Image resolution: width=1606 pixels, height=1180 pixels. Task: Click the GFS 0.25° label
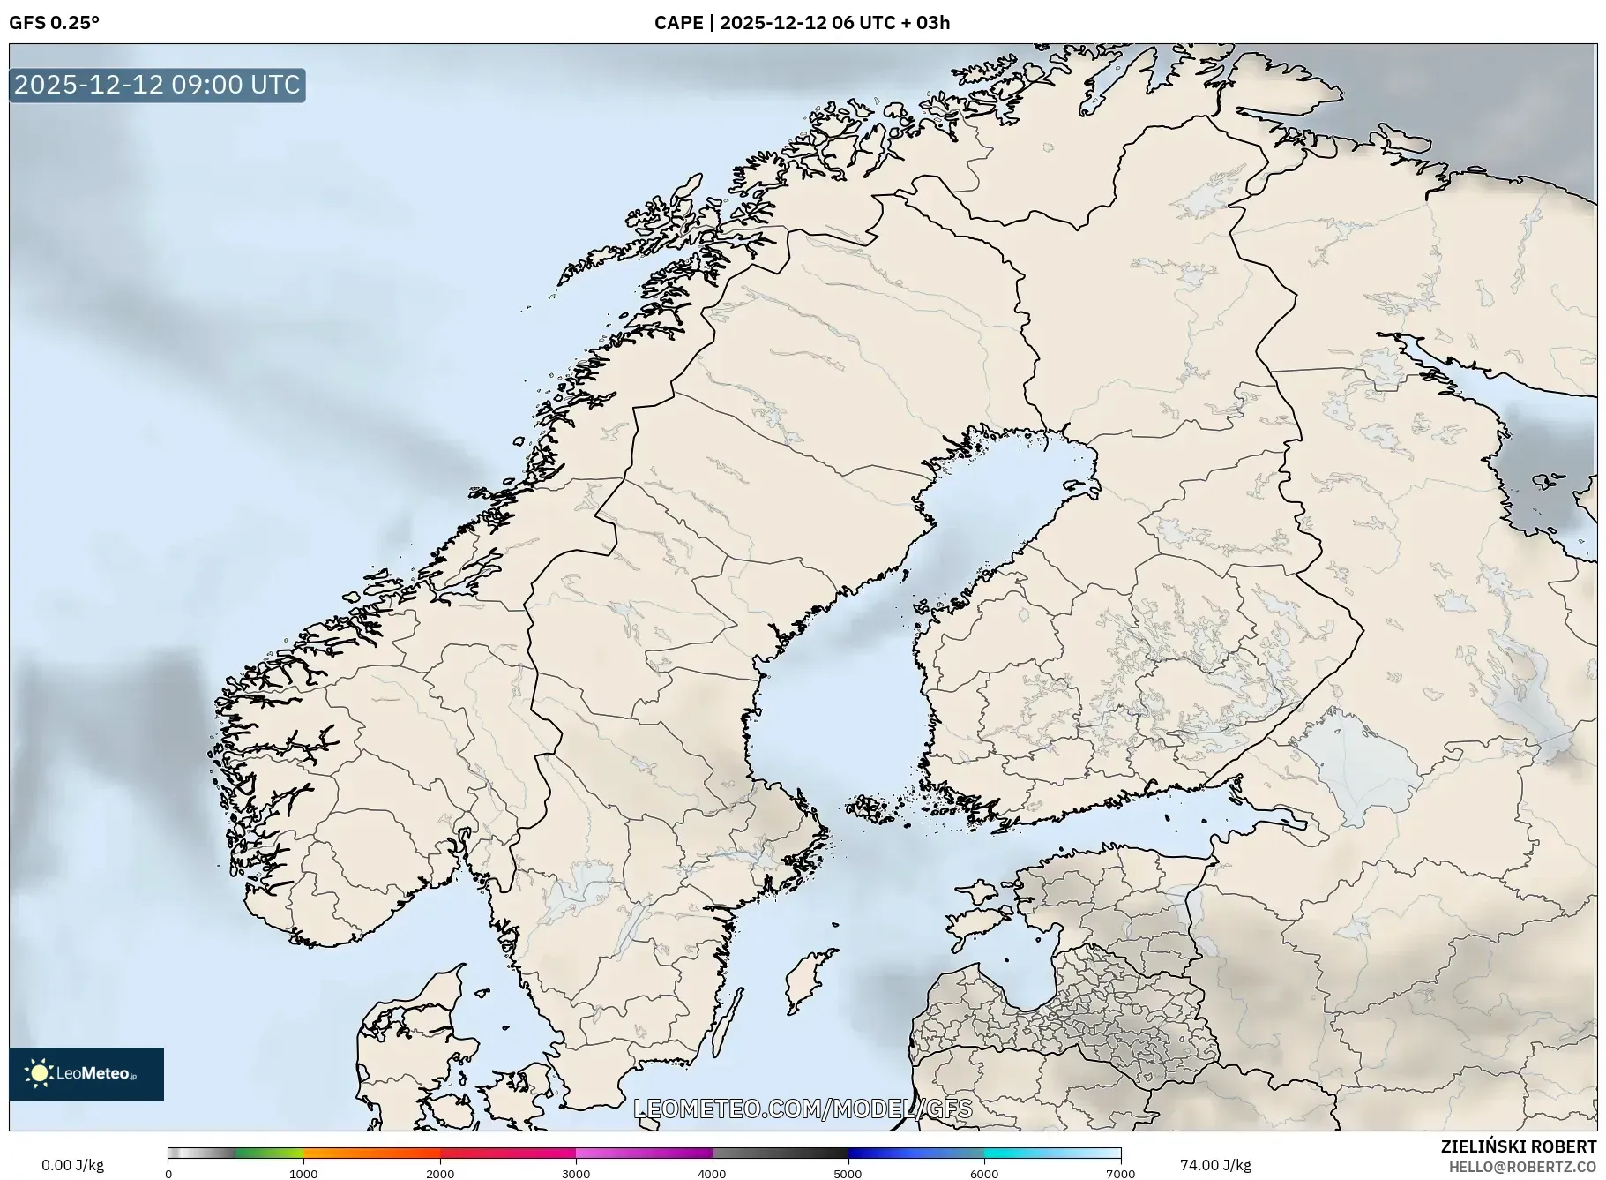tap(54, 23)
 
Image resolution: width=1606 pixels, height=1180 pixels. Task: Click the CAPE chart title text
tap(802, 23)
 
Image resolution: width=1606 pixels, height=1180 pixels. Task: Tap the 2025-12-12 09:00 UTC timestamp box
tap(157, 85)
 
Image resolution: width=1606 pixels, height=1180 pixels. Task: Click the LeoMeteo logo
tap(86, 1073)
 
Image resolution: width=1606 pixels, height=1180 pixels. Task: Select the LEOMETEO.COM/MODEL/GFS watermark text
tap(803, 1109)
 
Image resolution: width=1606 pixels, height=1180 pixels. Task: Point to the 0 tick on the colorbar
tap(168, 1174)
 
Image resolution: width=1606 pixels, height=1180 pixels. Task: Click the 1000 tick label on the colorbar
tap(303, 1174)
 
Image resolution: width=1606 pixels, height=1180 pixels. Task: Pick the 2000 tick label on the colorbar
tap(440, 1174)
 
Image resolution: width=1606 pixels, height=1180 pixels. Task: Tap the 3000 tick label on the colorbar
tap(576, 1174)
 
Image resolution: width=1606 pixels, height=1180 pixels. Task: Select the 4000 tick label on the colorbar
tap(712, 1174)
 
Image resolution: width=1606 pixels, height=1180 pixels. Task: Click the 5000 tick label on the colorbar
tap(848, 1174)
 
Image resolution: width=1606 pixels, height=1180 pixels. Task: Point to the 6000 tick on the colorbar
tap(984, 1174)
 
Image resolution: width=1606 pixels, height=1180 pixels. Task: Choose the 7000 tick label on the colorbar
tap(1120, 1174)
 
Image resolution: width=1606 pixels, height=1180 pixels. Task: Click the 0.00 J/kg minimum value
tap(72, 1165)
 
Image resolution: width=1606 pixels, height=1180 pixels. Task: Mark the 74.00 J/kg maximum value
tap(1215, 1165)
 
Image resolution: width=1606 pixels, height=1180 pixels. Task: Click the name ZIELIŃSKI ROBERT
tap(1518, 1146)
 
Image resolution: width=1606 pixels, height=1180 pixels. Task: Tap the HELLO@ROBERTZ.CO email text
tap(1522, 1167)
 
